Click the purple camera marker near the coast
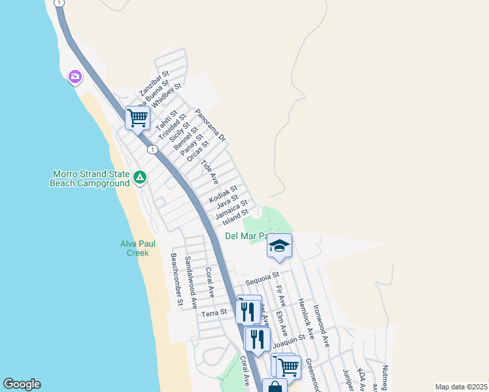[75, 78]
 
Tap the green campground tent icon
[139, 177]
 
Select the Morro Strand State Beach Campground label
[90, 179]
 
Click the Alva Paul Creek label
[138, 248]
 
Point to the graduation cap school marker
[279, 246]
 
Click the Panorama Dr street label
[210, 125]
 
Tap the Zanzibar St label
[154, 83]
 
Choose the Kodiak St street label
[223, 194]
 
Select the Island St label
[235, 214]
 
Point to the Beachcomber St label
[176, 279]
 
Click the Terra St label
[214, 314]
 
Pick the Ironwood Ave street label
[320, 325]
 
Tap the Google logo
[22, 384]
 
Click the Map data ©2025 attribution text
[461, 387]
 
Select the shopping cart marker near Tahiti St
[137, 118]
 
